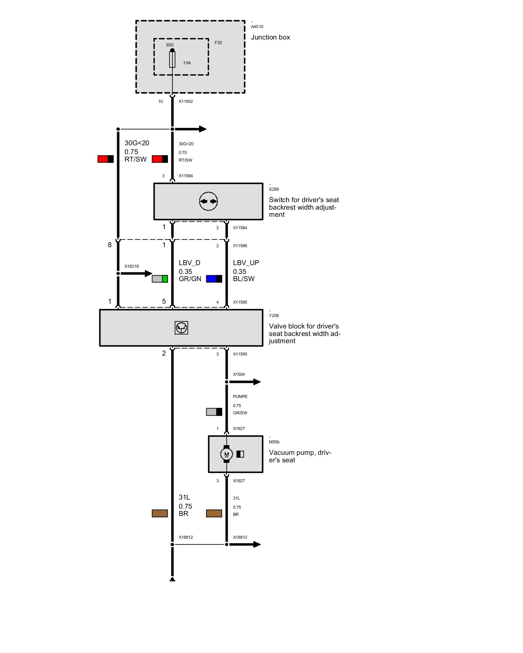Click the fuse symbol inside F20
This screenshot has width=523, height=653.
(172, 59)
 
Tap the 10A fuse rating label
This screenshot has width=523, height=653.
(187, 63)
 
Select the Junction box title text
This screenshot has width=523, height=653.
(270, 38)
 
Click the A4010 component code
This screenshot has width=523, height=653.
(257, 27)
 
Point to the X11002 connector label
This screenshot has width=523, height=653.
(186, 102)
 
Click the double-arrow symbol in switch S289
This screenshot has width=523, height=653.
(209, 201)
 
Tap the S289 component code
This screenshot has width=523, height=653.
(274, 189)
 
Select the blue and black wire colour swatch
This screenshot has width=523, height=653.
(214, 279)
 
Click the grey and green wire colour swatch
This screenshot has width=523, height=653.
(160, 279)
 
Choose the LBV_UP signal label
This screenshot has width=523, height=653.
(246, 263)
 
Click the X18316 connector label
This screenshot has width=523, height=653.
(132, 266)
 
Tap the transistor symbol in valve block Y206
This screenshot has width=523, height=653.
(181, 328)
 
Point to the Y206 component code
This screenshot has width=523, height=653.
(274, 316)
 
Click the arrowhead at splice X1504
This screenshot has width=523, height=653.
(257, 382)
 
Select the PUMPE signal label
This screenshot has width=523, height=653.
(240, 397)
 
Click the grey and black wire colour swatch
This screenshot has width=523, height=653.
(214, 412)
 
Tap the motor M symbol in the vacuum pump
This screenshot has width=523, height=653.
(227, 454)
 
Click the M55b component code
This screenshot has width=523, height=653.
(274, 442)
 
